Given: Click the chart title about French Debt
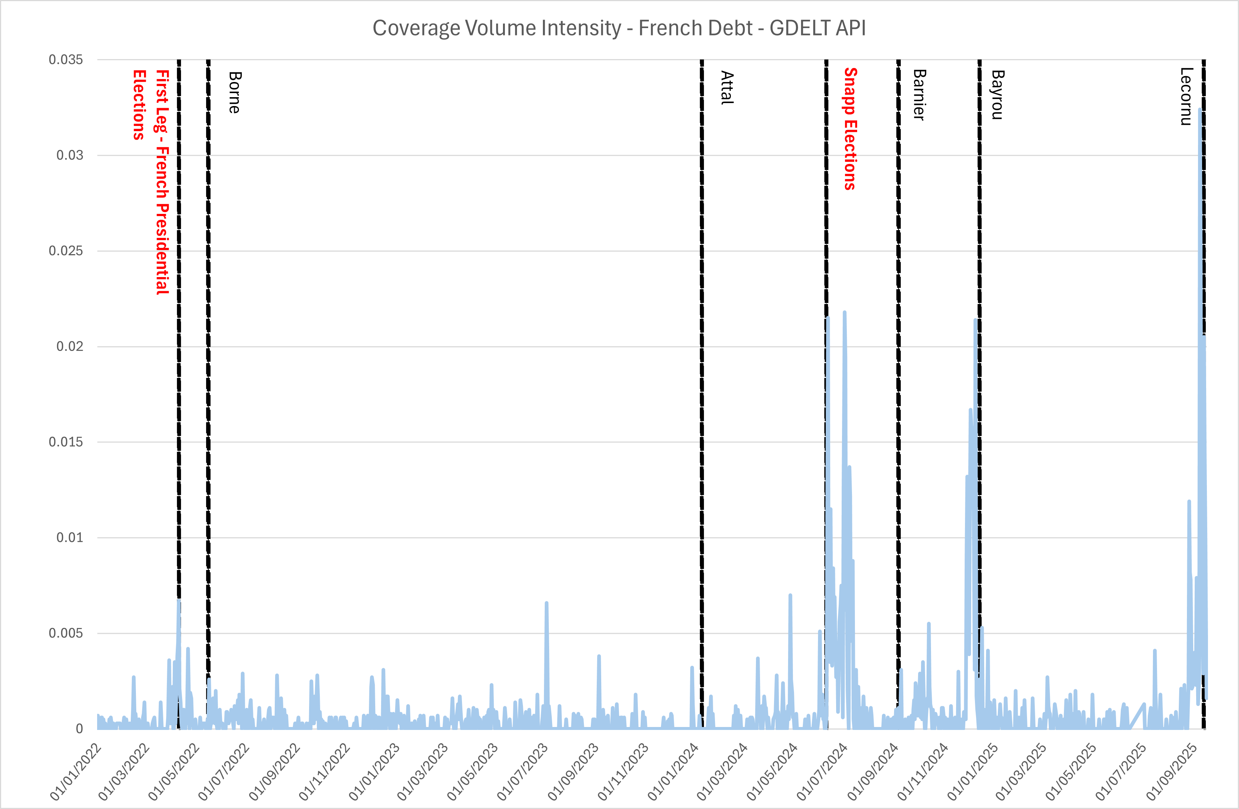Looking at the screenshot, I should [x=619, y=28].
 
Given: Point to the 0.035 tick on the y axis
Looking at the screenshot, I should [x=66, y=60].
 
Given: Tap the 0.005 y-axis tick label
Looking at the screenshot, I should [x=66, y=634].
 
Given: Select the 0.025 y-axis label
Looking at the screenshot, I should [x=66, y=251].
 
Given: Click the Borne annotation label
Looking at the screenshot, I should [x=235, y=93].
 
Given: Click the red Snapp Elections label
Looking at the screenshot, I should [x=850, y=129].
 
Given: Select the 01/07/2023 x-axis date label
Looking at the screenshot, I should [x=522, y=772].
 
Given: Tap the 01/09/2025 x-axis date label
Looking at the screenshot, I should [x=1171, y=772].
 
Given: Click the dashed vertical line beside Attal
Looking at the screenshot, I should [x=702, y=364].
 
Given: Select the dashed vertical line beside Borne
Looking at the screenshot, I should [x=208, y=364].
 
